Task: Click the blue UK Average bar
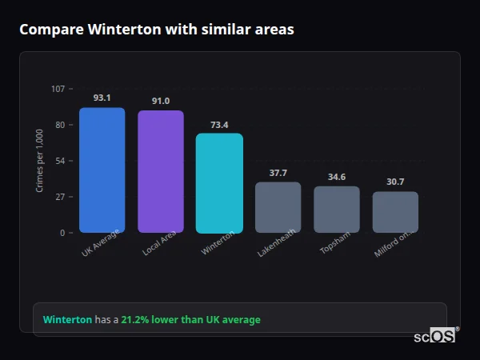click(102, 170)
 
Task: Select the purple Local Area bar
click(160, 172)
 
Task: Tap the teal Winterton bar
click(219, 183)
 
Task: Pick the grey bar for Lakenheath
click(278, 207)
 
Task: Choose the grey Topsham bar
click(337, 210)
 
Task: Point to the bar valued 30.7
click(395, 212)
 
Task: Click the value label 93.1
click(102, 98)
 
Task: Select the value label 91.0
click(160, 101)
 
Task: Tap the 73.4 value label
click(219, 125)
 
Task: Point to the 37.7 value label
click(278, 173)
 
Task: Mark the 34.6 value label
click(337, 177)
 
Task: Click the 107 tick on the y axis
click(58, 89)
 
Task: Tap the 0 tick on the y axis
click(62, 233)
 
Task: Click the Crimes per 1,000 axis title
click(40, 161)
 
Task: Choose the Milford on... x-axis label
click(394, 244)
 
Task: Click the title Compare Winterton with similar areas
click(157, 30)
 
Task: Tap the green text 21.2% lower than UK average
click(190, 320)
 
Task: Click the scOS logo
click(435, 336)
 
